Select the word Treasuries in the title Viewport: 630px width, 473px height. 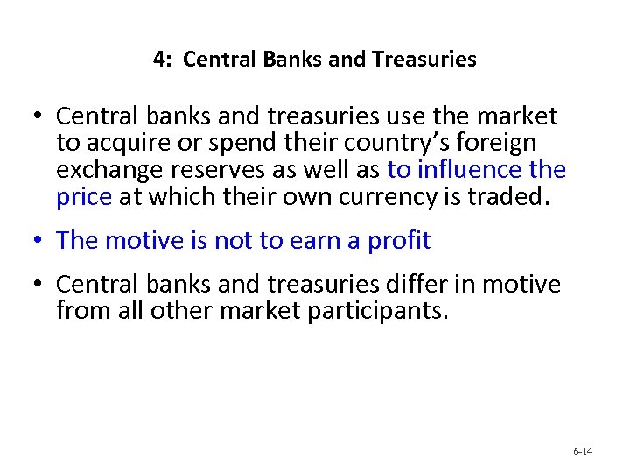(x=424, y=60)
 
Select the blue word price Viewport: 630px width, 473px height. (x=83, y=197)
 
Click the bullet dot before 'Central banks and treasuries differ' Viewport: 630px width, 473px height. (x=38, y=286)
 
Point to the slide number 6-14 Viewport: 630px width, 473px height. (x=583, y=451)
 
